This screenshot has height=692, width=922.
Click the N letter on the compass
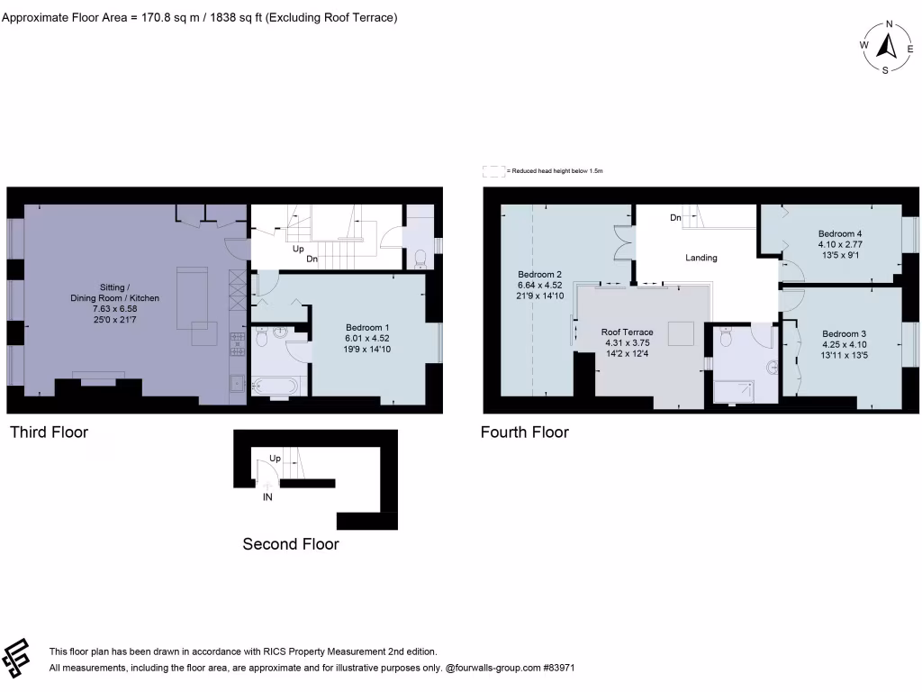(x=889, y=25)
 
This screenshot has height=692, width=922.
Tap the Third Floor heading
(x=49, y=432)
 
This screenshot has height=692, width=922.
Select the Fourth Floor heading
(x=524, y=432)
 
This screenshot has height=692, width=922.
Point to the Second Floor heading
(x=291, y=544)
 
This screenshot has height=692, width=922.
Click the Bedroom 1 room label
(x=368, y=328)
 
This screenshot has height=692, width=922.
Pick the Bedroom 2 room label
(x=540, y=274)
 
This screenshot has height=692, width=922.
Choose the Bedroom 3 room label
(x=844, y=333)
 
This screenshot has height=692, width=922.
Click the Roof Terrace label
(x=628, y=332)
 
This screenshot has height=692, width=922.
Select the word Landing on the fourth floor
(x=701, y=258)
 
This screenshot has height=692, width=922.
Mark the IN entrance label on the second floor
(x=267, y=496)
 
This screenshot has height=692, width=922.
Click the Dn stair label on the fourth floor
(x=674, y=218)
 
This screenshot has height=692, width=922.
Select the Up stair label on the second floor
(x=276, y=459)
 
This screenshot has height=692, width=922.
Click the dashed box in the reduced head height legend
(x=493, y=170)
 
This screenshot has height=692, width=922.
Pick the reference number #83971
(x=556, y=669)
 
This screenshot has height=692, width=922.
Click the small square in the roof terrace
(x=679, y=332)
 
